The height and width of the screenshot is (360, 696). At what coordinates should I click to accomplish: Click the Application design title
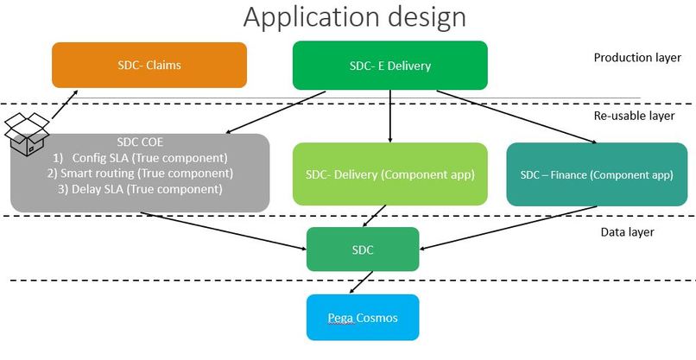355,17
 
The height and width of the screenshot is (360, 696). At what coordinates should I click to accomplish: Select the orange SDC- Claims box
149,65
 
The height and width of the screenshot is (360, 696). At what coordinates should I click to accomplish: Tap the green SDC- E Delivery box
390,66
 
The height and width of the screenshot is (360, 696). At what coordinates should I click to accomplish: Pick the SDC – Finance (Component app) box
596,174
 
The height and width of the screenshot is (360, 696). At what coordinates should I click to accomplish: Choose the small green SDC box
363,249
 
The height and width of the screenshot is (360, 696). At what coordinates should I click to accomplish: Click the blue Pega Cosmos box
363,317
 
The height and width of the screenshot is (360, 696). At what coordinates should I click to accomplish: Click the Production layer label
636,58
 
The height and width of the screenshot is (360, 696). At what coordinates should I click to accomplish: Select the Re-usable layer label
635,115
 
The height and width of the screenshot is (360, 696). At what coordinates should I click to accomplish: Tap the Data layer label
627,231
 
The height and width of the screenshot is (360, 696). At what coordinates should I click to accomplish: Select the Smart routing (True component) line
140,173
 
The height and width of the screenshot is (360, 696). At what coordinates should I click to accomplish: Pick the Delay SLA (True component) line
140,188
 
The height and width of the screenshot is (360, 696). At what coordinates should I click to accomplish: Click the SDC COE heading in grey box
141,142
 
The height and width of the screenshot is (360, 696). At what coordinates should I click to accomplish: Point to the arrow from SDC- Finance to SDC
509,226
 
